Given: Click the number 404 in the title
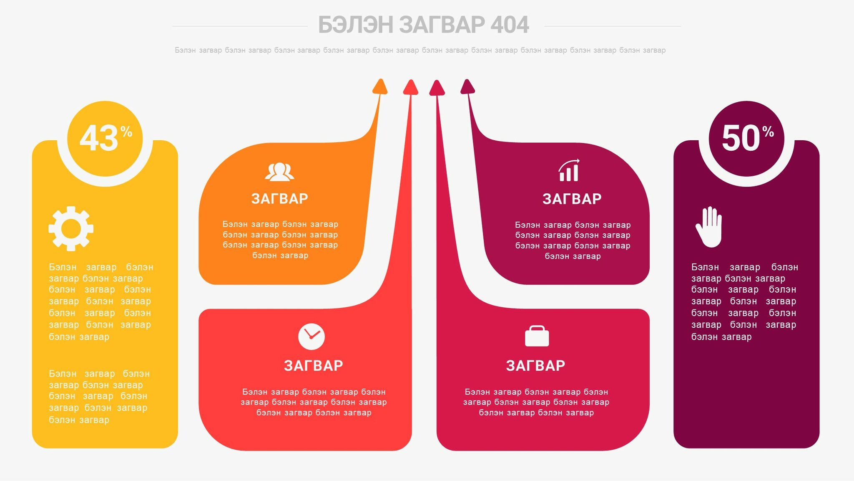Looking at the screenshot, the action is pyautogui.click(x=510, y=25).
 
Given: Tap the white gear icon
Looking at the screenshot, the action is pyautogui.click(x=71, y=228).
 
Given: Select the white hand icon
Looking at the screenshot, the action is pyautogui.click(x=709, y=227).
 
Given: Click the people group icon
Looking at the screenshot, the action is pyautogui.click(x=279, y=172).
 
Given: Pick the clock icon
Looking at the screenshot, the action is pyautogui.click(x=311, y=337).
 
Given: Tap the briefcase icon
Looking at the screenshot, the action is pyautogui.click(x=537, y=336).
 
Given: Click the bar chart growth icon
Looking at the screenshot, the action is pyautogui.click(x=569, y=170).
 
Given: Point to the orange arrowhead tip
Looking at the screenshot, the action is pyautogui.click(x=380, y=79).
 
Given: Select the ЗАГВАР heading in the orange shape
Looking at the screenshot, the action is pyautogui.click(x=279, y=199).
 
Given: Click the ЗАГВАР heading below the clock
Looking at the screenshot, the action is pyautogui.click(x=313, y=366).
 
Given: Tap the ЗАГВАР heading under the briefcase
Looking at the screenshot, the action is pyautogui.click(x=535, y=366).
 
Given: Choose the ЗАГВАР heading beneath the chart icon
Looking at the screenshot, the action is pyautogui.click(x=572, y=199).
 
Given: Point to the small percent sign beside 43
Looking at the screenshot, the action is pyautogui.click(x=126, y=132).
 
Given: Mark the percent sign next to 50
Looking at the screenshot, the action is pyautogui.click(x=768, y=132).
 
